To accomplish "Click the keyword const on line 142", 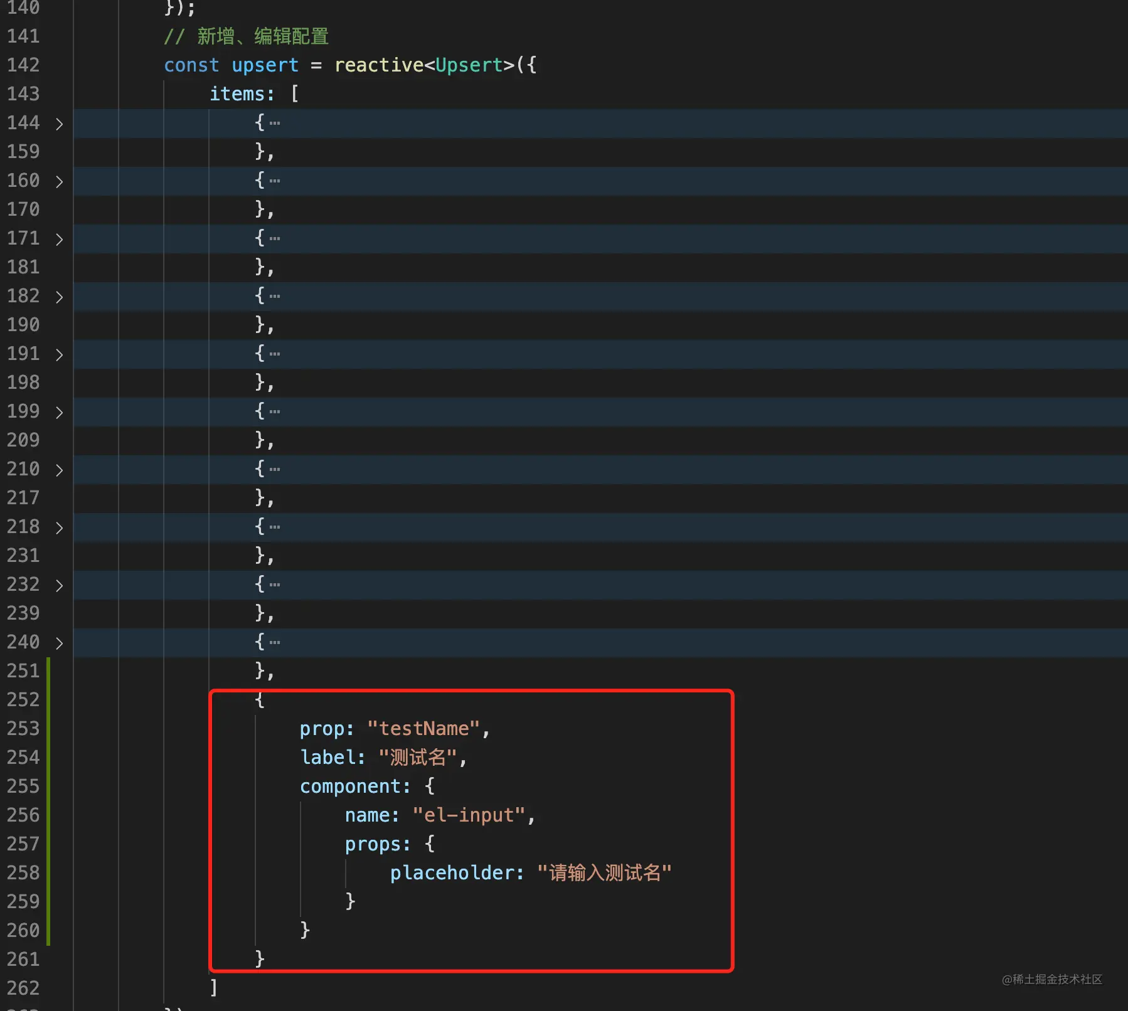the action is point(191,65).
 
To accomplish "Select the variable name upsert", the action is point(265,66).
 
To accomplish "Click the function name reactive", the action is point(379,65).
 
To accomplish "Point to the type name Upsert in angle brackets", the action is point(469,66).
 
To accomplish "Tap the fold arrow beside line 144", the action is point(59,124).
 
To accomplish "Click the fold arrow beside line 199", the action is point(59,412).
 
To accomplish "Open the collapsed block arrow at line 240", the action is point(59,643).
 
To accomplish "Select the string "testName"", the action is point(423,729).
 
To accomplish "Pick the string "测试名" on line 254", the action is point(418,758).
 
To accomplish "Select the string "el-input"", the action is point(469,815).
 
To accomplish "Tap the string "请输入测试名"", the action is point(605,873).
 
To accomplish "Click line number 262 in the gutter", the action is point(23,988).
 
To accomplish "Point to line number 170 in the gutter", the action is point(23,209).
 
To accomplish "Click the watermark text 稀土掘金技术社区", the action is point(1057,980).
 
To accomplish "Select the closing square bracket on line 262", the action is point(214,988).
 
